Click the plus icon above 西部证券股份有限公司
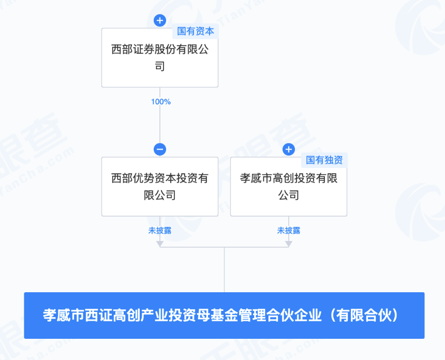click(x=160, y=21)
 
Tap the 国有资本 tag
click(x=196, y=31)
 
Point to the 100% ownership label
click(x=160, y=102)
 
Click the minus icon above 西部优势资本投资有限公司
click(x=160, y=149)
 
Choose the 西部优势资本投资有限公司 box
click(x=160, y=187)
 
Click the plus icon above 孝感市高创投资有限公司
click(x=289, y=149)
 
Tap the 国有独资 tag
click(x=324, y=160)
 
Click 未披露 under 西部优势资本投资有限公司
click(x=160, y=231)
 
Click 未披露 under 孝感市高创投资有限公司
click(x=289, y=231)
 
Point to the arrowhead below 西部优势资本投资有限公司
click(x=160, y=243)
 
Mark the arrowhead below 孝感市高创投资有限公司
click(x=289, y=243)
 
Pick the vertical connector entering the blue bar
click(x=224, y=272)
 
